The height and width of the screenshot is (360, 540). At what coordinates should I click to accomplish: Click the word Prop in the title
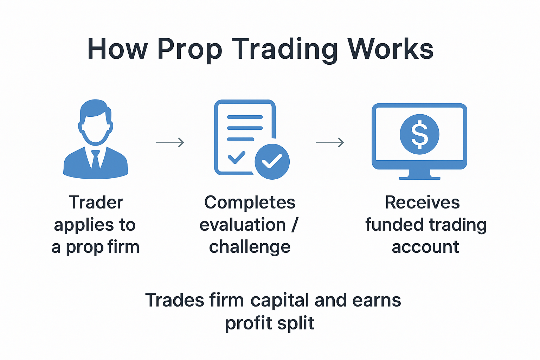pyautogui.click(x=190, y=49)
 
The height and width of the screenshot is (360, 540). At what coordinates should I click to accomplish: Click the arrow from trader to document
pyautogui.click(x=170, y=142)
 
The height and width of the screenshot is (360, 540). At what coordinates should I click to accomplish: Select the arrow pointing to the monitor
pyautogui.click(x=330, y=142)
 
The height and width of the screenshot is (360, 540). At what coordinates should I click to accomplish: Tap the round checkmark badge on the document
pyautogui.click(x=272, y=161)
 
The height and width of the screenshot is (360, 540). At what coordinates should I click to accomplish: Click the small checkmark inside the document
pyautogui.click(x=237, y=157)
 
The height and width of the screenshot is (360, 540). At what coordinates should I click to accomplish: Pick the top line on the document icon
pyautogui.click(x=245, y=117)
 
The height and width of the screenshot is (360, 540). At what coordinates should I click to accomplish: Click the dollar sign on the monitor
pyautogui.click(x=419, y=134)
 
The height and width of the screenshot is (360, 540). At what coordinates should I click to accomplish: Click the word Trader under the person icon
pyautogui.click(x=96, y=202)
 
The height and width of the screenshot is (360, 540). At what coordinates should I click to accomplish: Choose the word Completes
pyautogui.click(x=250, y=202)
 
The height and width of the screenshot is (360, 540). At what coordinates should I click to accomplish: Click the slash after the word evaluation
pyautogui.click(x=295, y=225)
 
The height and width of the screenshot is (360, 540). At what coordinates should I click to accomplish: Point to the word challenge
pyautogui.click(x=250, y=247)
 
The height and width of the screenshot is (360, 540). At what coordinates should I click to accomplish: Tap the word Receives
pyautogui.click(x=422, y=202)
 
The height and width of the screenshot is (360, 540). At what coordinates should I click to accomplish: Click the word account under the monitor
pyautogui.click(x=425, y=247)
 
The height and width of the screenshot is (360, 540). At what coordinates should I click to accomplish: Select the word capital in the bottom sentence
pyautogui.click(x=280, y=301)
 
